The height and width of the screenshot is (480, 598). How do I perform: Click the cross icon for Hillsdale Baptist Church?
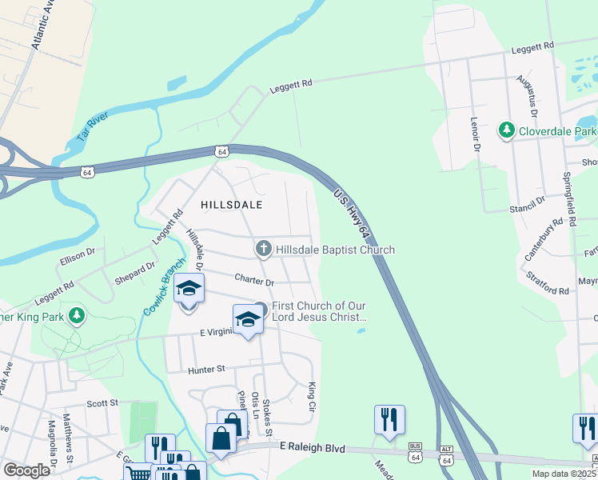click(263, 250)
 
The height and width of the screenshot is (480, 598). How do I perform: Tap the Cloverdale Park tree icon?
click(506, 130)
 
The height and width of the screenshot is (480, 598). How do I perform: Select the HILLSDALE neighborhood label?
click(232, 205)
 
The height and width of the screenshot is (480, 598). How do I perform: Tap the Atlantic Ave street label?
click(42, 26)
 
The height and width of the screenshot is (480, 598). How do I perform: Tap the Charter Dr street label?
click(254, 281)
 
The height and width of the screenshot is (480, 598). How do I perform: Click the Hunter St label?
click(208, 370)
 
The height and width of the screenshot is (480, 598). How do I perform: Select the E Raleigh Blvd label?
click(312, 450)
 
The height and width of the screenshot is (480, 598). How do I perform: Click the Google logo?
click(26, 470)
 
